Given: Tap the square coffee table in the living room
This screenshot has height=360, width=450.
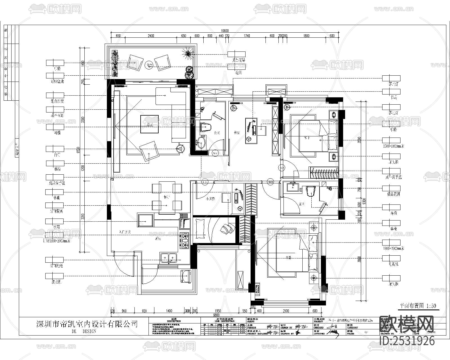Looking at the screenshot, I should (150, 124).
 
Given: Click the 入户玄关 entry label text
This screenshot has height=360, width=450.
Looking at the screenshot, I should (125, 232).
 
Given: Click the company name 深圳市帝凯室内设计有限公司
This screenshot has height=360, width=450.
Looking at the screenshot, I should (87, 324).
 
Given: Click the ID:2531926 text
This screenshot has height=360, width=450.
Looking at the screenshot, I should (407, 341).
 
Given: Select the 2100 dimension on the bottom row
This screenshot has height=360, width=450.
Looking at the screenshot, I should (286, 311).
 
